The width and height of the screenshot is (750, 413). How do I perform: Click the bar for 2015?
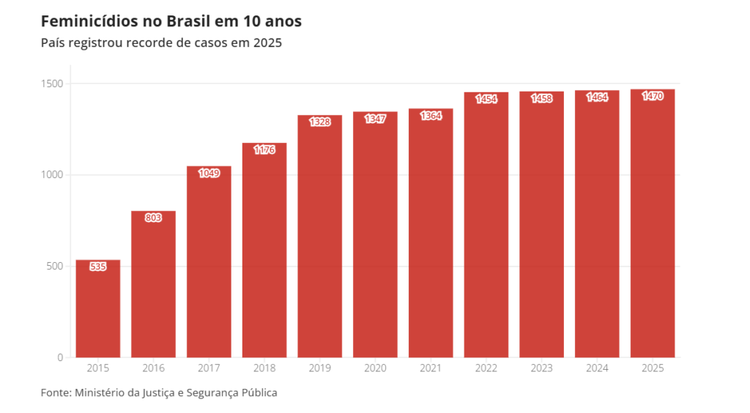point(98,311)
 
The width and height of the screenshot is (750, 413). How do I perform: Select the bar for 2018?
point(264,253)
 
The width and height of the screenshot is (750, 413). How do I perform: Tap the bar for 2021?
point(431,234)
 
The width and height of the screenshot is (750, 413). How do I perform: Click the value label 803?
point(153,218)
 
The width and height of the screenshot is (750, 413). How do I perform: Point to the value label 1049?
point(209,174)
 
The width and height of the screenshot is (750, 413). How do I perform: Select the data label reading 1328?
point(319,122)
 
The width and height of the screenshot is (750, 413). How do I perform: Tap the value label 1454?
point(486,99)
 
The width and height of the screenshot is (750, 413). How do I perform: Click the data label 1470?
point(653,96)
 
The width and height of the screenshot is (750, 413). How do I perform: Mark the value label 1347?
point(375,119)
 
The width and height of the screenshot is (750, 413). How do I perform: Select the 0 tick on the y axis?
point(60,357)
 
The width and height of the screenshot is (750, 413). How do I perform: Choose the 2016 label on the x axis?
point(153,368)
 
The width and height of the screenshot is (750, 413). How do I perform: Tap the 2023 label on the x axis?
point(542,368)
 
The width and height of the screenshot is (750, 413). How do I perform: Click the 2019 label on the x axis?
point(319,368)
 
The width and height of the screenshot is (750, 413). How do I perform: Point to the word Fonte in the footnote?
point(56,393)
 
